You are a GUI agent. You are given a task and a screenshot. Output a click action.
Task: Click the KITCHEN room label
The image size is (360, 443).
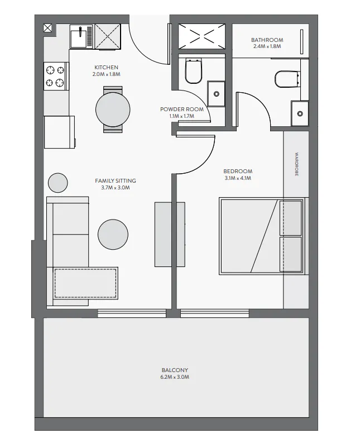pos(106,67)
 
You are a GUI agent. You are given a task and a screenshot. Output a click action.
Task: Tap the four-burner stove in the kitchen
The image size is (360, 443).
pos(55,77)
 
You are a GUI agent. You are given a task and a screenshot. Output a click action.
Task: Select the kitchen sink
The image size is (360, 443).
pos(81,36)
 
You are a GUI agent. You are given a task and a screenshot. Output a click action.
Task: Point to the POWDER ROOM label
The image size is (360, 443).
pos(182,109)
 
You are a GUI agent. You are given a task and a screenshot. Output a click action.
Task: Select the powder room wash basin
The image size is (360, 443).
pos(217,93)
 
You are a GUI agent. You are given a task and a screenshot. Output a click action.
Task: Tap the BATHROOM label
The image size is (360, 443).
pos(267,40)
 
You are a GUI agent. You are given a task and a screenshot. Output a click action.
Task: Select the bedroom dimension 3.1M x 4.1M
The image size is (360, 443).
pos(238,179)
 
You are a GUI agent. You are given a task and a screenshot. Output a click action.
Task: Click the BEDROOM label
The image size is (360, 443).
pos(238,172)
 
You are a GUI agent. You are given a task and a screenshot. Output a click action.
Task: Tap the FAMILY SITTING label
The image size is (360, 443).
pos(115,180)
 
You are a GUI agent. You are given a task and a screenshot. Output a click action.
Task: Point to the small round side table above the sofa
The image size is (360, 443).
pos(57,183)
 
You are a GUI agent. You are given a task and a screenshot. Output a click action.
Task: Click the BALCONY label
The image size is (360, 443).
pos(175,370)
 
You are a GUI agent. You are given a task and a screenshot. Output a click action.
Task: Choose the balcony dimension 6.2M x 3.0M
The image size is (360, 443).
pos(175,378)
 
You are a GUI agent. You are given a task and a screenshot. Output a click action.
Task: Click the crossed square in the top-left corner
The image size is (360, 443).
pos(48,27)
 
